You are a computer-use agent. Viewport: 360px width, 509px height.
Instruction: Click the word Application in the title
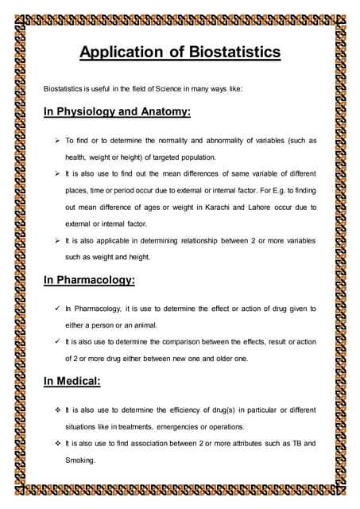(122, 53)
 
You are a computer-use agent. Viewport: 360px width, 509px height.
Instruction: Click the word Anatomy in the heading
(163, 112)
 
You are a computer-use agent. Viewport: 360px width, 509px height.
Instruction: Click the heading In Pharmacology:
(89, 281)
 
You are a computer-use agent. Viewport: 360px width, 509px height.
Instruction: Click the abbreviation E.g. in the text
(246, 190)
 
